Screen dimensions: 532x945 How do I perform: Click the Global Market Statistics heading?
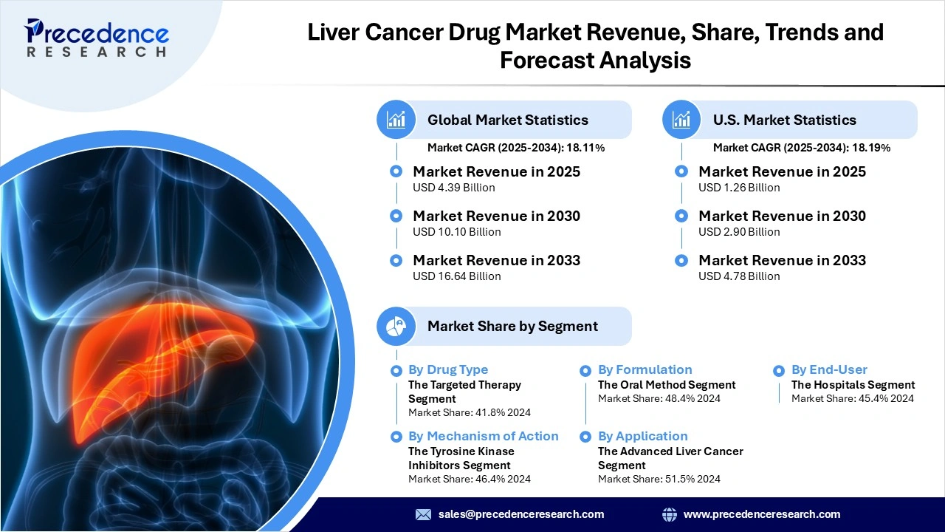(507, 120)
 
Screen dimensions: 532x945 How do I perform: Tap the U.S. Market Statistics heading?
(784, 120)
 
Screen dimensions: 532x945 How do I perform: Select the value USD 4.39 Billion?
(453, 188)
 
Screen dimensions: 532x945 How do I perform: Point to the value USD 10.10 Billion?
(456, 232)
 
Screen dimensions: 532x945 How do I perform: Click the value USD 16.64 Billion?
(456, 276)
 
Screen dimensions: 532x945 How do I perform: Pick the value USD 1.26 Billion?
(739, 188)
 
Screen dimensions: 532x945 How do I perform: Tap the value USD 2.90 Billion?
(739, 232)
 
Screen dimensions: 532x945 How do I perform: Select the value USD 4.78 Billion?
(739, 276)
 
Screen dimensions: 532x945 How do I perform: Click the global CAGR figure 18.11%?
(586, 148)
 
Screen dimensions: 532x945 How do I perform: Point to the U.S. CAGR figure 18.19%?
(872, 148)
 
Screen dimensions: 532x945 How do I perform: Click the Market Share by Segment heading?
(512, 326)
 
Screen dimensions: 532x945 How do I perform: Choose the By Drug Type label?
(447, 369)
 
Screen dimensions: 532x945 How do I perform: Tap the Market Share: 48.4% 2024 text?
(659, 398)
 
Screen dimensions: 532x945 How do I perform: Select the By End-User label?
(829, 369)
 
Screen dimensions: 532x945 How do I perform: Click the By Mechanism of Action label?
(483, 436)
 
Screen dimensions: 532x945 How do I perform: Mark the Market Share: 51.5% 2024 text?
(659, 479)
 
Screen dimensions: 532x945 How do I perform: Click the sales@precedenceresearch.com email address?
(521, 514)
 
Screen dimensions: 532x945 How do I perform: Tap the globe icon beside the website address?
(670, 514)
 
